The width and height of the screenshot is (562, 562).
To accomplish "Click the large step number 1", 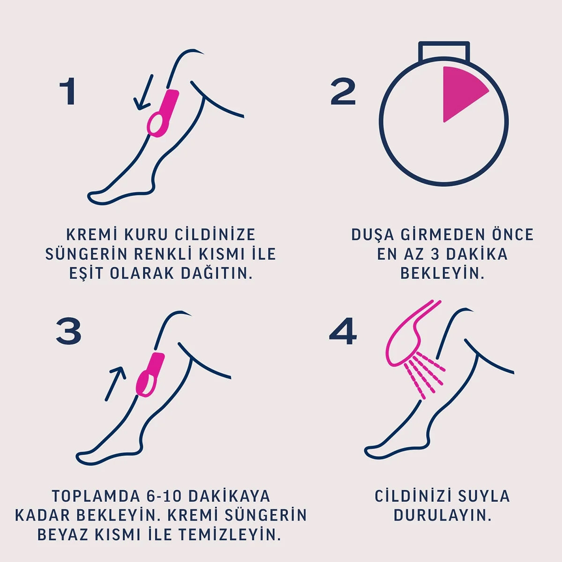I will [x=68, y=92].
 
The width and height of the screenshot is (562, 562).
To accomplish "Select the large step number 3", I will [x=68, y=331].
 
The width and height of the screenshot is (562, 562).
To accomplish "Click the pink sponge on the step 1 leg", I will [x=163, y=114].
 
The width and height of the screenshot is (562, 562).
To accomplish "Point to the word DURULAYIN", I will [x=443, y=515].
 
